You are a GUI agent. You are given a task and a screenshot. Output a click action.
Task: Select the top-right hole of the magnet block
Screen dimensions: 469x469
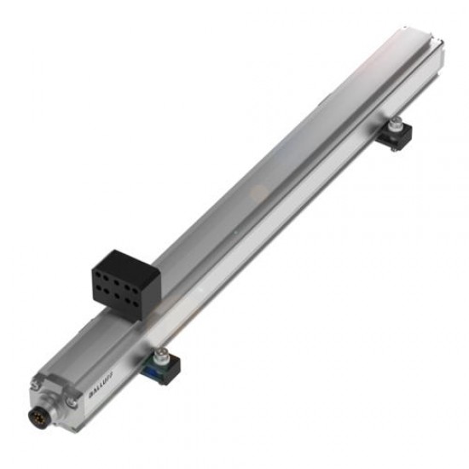(135, 279)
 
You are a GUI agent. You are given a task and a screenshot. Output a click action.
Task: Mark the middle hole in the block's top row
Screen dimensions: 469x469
(118, 279)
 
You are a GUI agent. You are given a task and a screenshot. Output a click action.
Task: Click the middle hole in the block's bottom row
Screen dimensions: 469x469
(118, 292)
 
